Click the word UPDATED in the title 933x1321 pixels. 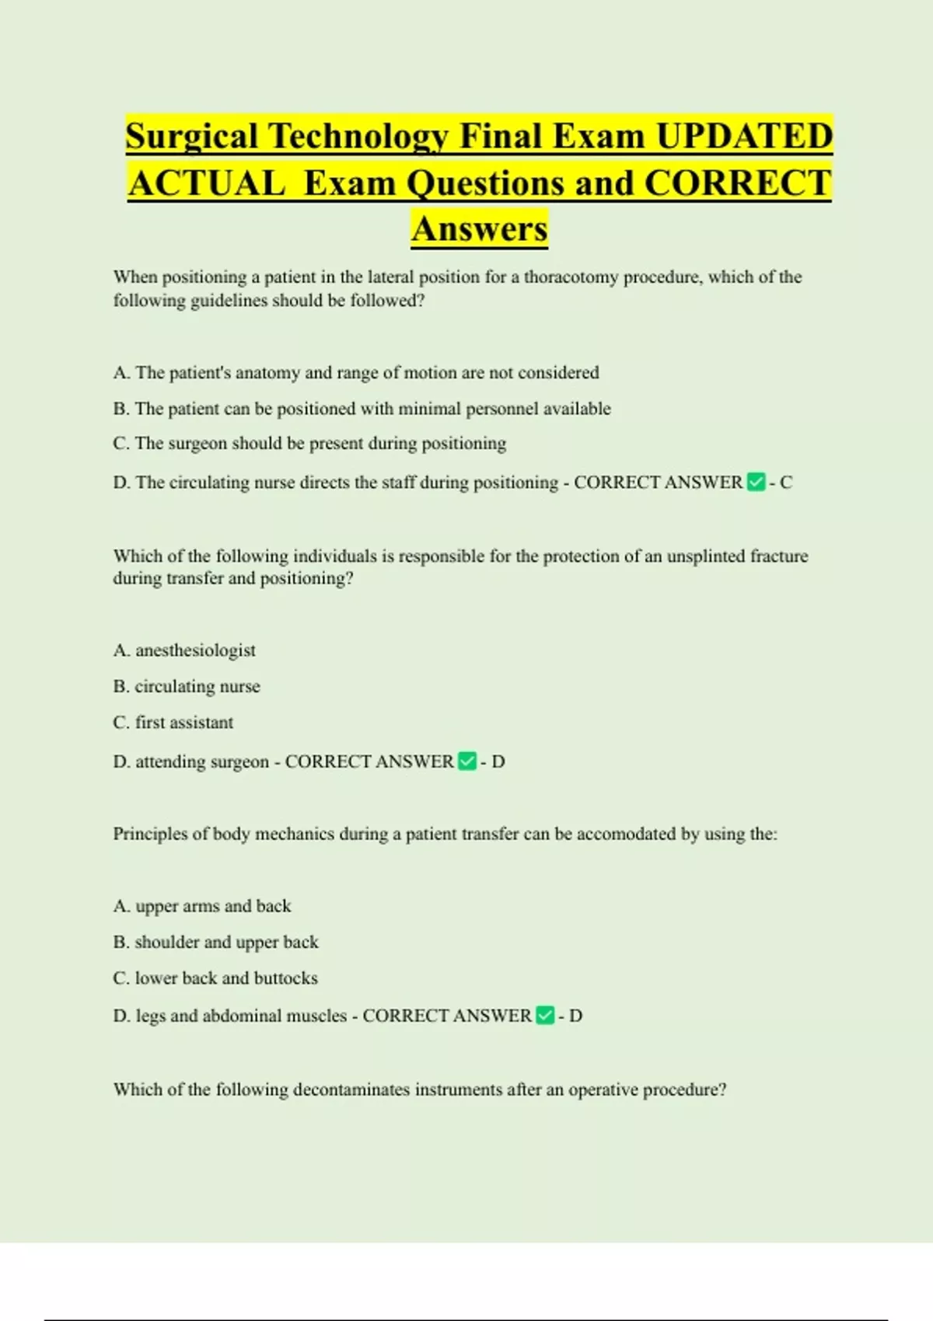744,137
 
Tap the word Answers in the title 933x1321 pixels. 480,229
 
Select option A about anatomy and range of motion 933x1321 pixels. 356,373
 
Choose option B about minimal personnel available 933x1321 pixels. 362,409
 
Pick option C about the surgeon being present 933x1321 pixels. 309,444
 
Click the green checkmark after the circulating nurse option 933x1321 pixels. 756,483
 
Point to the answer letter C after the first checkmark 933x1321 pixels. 786,483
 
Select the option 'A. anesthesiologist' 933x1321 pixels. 184,650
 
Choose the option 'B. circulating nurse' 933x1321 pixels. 187,687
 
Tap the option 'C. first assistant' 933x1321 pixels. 173,723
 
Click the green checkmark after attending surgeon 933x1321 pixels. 467,762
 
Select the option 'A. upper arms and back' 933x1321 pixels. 202,906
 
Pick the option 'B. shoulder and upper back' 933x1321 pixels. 215,943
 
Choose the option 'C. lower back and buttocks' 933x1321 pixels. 215,978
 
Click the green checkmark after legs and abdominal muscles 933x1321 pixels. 545,1016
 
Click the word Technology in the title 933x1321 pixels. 358,137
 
